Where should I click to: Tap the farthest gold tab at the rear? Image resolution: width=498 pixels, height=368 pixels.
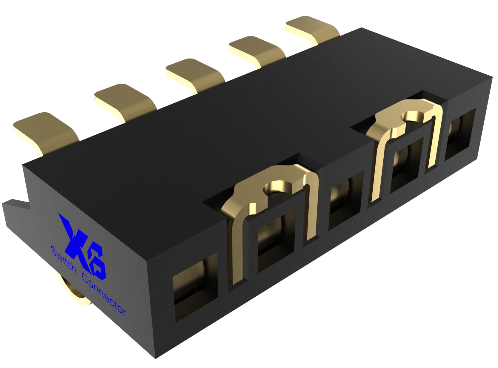coord(312,28)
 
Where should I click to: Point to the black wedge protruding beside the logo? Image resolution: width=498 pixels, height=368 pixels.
coord(15,209)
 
